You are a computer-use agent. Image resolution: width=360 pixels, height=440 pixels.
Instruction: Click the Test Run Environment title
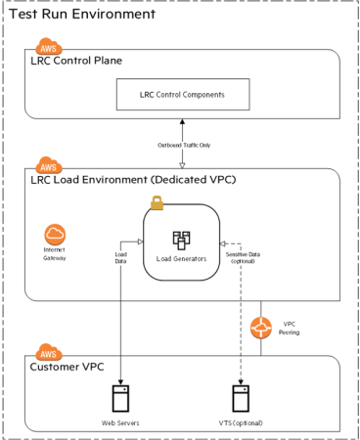click(x=81, y=15)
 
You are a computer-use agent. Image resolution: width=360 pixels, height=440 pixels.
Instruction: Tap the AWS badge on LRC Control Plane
click(x=49, y=47)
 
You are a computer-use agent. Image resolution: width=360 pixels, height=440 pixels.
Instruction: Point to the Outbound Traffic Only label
click(x=181, y=146)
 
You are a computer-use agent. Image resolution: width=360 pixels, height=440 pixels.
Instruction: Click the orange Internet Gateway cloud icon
click(x=56, y=236)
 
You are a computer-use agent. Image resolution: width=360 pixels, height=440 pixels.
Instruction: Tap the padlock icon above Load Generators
click(x=157, y=202)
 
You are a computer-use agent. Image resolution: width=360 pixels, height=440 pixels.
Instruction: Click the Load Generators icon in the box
click(x=181, y=240)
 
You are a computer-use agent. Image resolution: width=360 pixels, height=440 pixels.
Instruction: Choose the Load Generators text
click(x=181, y=259)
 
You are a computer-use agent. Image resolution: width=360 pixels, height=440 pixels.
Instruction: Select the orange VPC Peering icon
click(x=261, y=328)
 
